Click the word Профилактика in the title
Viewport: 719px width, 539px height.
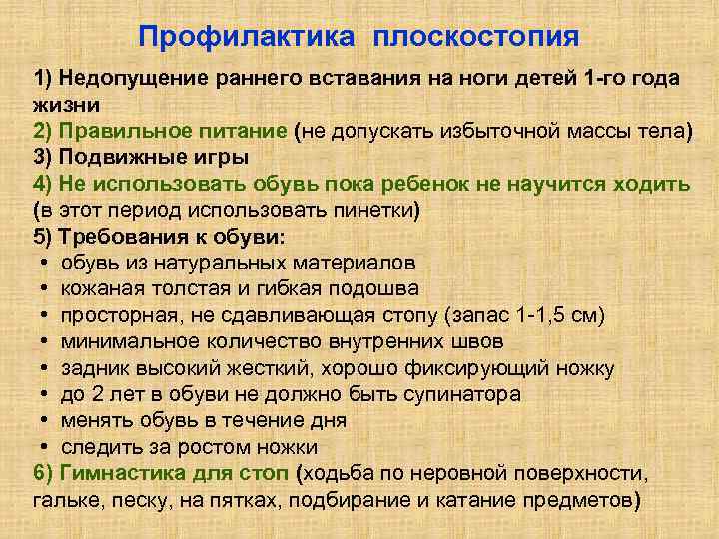247,37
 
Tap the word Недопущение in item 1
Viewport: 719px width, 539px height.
127,79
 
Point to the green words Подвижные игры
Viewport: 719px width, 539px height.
154,157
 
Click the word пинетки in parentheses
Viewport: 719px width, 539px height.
373,210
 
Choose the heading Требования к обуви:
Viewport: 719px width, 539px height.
172,237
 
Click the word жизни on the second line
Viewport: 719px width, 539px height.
61,105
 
